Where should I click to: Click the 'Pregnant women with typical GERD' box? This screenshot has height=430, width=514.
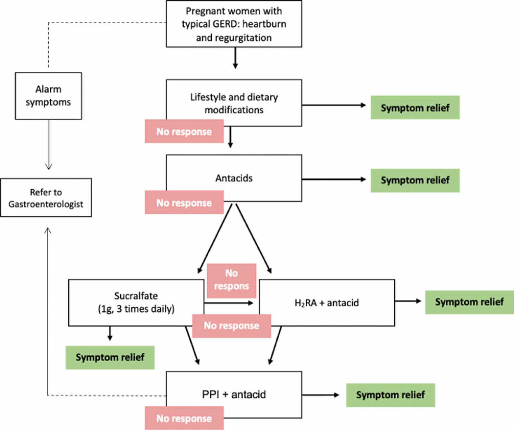click(x=234, y=24)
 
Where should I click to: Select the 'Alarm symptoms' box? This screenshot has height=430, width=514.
click(x=48, y=96)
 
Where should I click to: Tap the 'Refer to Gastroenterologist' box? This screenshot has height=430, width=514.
click(x=46, y=198)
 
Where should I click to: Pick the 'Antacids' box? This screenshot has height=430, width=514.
click(x=234, y=178)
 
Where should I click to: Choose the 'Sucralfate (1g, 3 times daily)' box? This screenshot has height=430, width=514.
click(x=136, y=302)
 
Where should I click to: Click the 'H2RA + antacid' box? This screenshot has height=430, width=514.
click(x=327, y=302)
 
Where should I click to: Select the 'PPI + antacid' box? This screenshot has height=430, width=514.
click(x=234, y=394)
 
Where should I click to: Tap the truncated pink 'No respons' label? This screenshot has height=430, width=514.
click(x=231, y=280)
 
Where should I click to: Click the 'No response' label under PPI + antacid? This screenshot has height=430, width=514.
click(x=184, y=418)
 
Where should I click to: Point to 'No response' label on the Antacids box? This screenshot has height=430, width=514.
click(x=184, y=203)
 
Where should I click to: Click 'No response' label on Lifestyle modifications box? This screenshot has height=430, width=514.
click(x=184, y=131)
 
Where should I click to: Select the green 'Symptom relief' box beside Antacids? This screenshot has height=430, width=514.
click(x=415, y=180)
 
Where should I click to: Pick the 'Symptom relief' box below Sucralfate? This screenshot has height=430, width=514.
click(x=110, y=357)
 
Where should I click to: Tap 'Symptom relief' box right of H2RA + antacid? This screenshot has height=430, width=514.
click(x=469, y=302)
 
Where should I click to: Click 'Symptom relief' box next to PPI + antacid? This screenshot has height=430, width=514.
click(x=390, y=395)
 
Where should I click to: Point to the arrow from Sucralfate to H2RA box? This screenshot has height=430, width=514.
click(x=229, y=303)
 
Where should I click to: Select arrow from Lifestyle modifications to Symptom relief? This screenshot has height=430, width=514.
click(x=334, y=105)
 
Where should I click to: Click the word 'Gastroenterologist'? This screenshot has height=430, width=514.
click(x=46, y=204)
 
